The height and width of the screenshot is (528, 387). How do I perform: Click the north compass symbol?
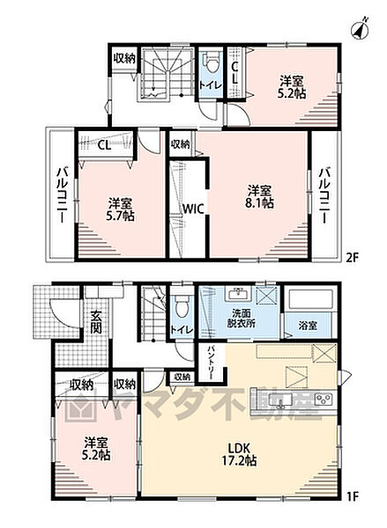[361, 29]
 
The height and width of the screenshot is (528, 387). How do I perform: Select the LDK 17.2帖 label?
[239, 454]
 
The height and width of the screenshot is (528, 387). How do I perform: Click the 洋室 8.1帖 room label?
[259, 196]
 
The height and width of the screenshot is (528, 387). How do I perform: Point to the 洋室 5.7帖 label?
[120, 209]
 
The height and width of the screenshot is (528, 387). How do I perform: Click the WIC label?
[193, 209]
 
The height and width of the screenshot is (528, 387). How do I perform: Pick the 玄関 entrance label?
[96, 323]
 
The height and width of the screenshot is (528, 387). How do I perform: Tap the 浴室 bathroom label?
[308, 326]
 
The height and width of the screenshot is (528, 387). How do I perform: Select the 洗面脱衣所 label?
[241, 319]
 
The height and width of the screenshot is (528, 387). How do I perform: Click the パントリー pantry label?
[212, 362]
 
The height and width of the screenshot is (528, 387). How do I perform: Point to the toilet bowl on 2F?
[212, 64]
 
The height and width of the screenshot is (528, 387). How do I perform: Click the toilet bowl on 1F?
[182, 307]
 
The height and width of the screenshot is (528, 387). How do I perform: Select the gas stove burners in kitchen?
[324, 400]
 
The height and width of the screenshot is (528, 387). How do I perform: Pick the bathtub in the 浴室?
[308, 299]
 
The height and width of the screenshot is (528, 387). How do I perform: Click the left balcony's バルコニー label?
[63, 194]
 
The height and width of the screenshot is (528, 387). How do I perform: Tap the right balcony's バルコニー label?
[325, 194]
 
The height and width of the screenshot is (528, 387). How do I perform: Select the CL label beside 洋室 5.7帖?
[104, 145]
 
